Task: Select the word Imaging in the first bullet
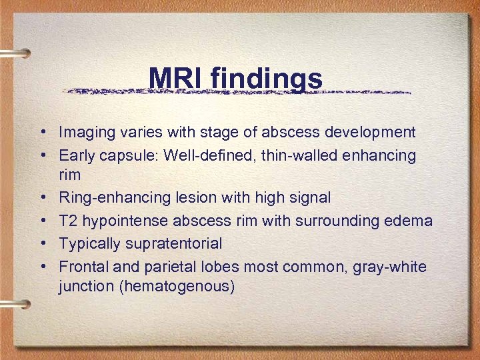[x=85, y=133]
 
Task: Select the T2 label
[x=68, y=221]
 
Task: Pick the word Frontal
[x=82, y=267]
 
